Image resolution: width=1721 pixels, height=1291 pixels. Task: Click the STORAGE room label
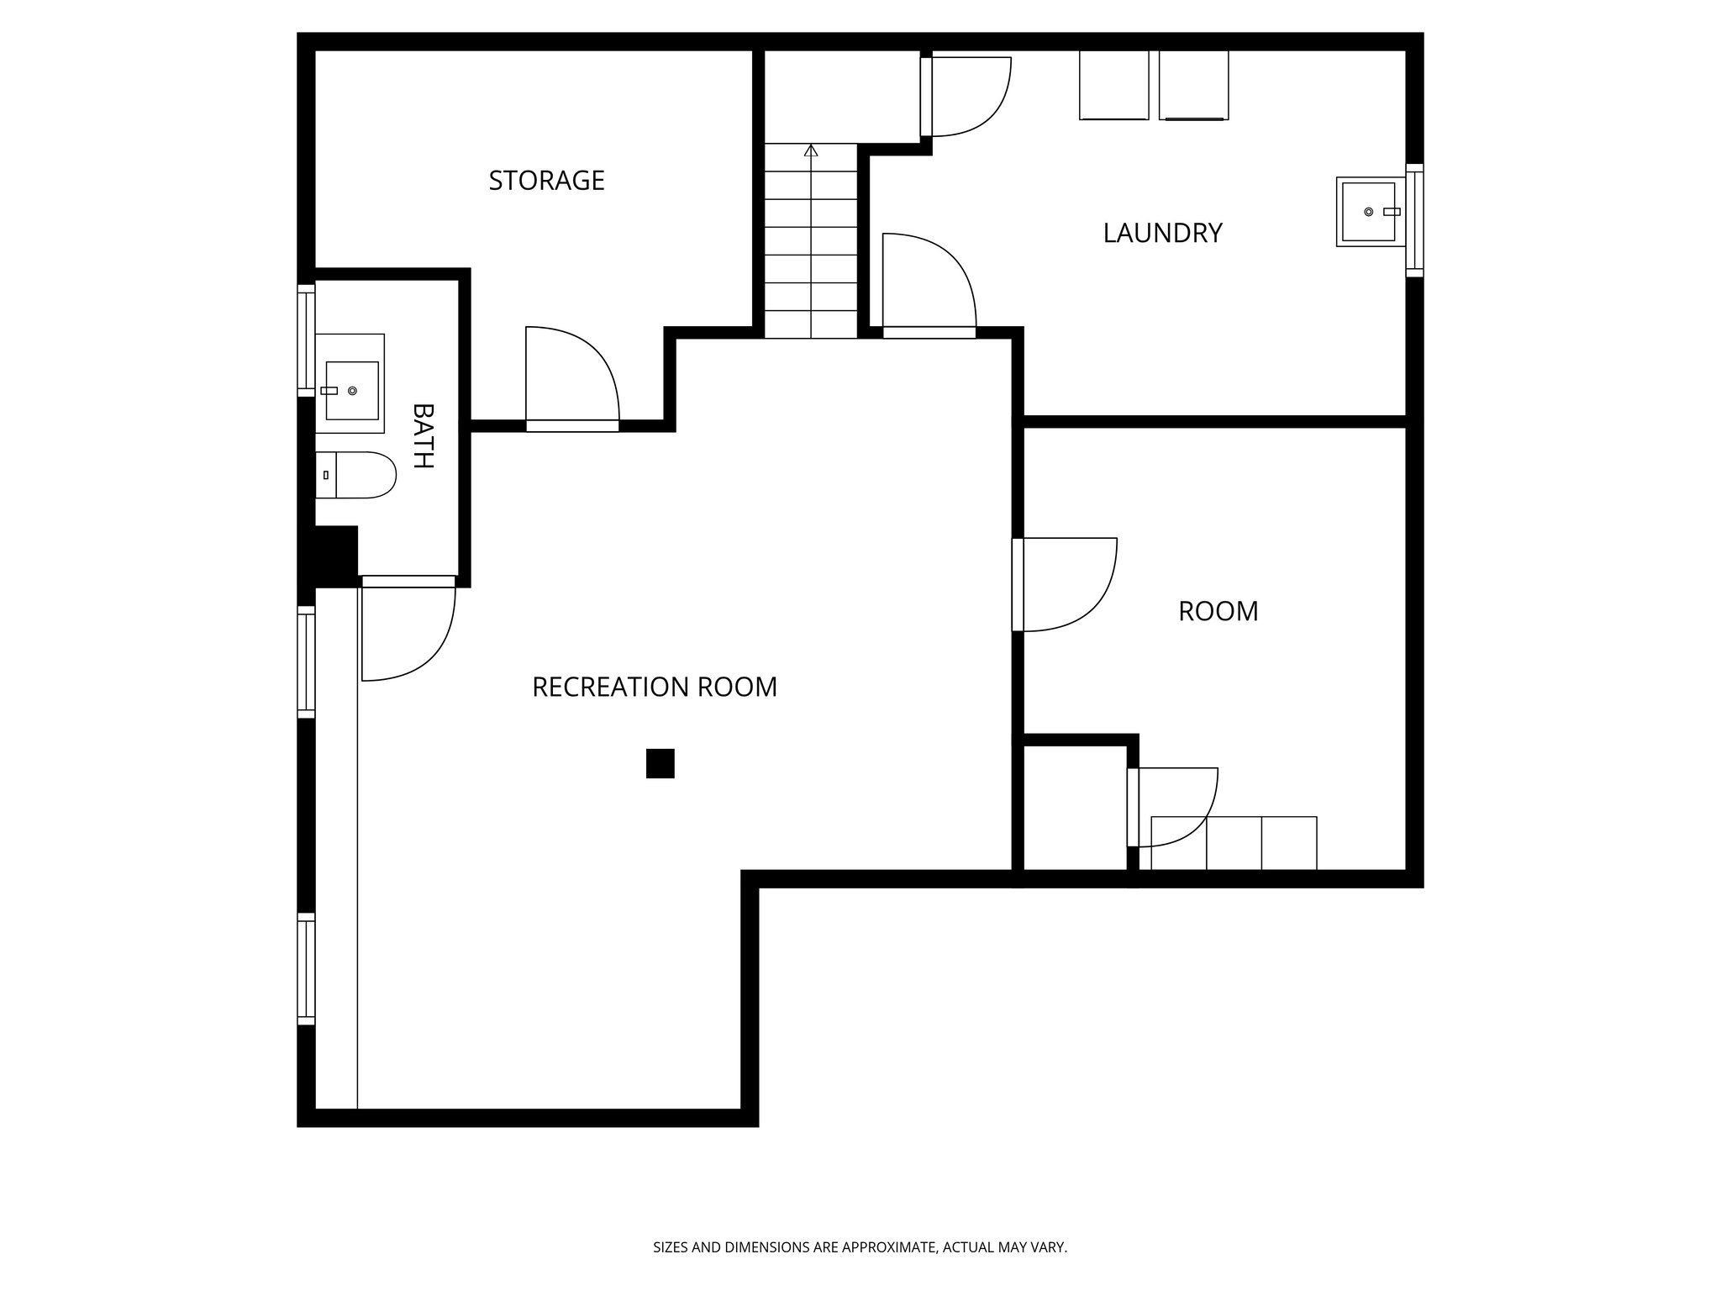click(546, 181)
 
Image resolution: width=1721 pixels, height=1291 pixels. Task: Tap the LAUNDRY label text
click(1161, 233)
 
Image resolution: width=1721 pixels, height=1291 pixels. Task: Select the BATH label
click(423, 436)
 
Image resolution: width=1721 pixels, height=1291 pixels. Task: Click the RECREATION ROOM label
click(655, 688)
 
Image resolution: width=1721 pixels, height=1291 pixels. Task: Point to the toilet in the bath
click(356, 475)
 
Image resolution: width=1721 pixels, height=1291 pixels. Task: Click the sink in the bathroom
click(351, 390)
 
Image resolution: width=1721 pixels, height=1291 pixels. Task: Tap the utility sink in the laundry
click(1370, 212)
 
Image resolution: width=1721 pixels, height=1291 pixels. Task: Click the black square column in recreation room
click(660, 763)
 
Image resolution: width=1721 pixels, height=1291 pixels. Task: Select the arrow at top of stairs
click(811, 151)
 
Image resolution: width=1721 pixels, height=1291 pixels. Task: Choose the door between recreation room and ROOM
click(1063, 584)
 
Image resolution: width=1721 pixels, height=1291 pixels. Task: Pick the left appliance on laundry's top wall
click(1113, 85)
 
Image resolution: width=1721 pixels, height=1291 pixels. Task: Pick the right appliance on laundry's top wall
click(1193, 85)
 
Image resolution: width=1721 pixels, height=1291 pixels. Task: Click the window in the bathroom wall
click(306, 340)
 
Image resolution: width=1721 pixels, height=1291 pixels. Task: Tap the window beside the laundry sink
click(1414, 220)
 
